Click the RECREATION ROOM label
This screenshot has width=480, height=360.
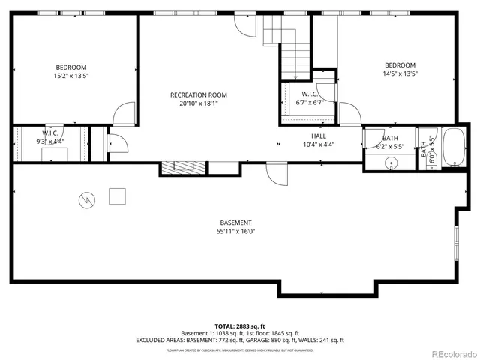198,94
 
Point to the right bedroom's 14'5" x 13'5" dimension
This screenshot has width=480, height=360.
400,73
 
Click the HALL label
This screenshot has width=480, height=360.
319,136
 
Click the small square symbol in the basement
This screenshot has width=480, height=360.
117,196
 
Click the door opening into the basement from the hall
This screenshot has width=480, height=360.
277,175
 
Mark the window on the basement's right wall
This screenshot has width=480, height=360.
457,244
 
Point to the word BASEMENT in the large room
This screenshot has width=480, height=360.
235,223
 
